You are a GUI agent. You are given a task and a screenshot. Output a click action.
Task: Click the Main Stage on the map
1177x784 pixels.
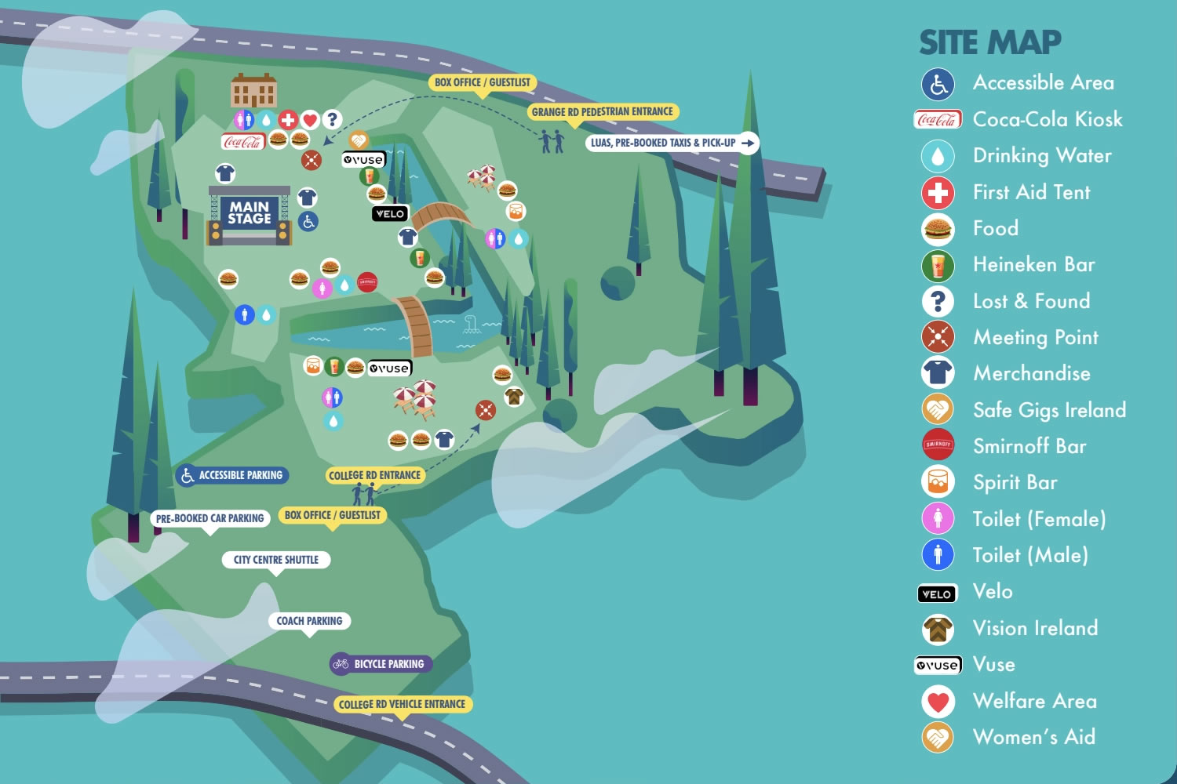[249, 214]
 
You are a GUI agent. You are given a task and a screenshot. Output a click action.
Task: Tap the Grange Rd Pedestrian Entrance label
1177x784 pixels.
[602, 112]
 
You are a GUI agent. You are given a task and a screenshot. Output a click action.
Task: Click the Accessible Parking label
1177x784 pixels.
[232, 475]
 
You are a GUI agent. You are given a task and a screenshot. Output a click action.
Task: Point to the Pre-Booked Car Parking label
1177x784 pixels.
[210, 518]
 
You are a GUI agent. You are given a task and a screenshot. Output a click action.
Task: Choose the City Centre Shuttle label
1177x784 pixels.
[275, 560]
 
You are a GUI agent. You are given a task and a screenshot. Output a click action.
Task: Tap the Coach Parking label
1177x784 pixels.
[309, 621]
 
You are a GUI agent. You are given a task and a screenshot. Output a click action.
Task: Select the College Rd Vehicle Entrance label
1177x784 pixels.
[402, 704]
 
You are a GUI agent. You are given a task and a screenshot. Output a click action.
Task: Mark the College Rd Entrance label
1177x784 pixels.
[374, 475]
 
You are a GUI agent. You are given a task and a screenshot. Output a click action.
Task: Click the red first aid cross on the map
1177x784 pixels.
[288, 120]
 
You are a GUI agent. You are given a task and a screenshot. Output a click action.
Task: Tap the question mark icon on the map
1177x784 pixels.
[333, 119]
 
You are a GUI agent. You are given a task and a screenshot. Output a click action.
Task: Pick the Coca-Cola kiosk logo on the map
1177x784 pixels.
[242, 142]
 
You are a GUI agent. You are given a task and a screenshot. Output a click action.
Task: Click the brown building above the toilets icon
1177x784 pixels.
[253, 91]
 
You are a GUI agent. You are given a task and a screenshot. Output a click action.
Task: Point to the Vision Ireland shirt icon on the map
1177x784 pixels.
[514, 397]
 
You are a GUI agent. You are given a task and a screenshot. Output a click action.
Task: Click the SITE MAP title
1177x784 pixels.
[989, 42]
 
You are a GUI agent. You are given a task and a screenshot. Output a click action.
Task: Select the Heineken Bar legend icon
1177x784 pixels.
[938, 265]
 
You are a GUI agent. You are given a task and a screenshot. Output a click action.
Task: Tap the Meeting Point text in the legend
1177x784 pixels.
[1035, 337]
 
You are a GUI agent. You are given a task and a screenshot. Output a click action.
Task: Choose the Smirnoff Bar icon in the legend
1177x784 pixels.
[938, 445]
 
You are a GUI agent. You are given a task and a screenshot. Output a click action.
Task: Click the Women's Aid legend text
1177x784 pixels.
[1033, 737]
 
